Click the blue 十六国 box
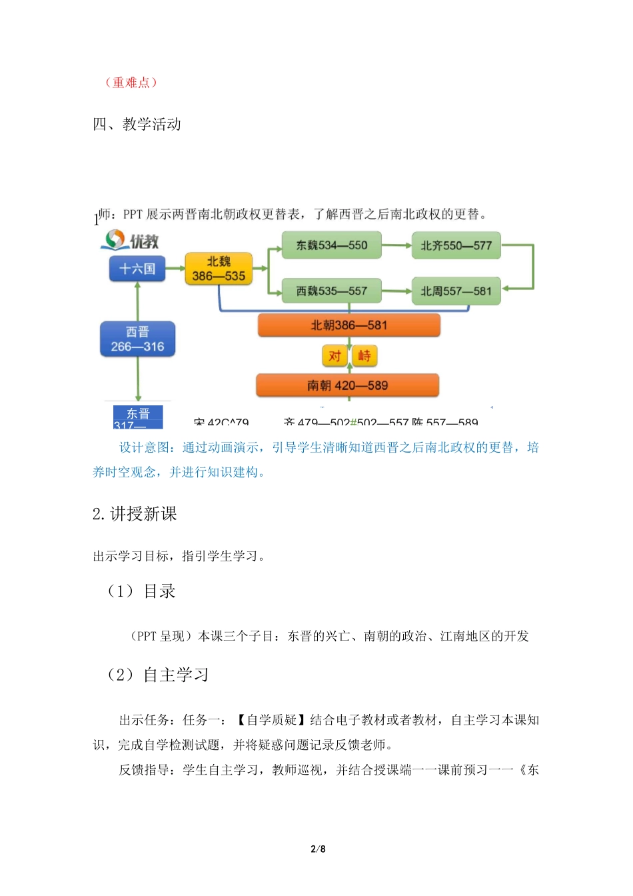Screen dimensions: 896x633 137,269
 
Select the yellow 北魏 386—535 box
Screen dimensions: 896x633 219,269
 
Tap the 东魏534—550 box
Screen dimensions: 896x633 332,245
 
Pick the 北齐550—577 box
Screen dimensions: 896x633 456,245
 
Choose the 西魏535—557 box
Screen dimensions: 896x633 332,291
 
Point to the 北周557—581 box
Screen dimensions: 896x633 456,291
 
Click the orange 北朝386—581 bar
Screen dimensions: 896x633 348,325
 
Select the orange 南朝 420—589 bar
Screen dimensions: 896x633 347,385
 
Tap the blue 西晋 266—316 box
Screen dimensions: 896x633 137,339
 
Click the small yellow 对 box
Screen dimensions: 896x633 334,356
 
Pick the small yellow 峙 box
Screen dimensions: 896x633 364,356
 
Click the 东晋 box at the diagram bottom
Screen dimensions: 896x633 138,417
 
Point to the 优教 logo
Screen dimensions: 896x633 131,241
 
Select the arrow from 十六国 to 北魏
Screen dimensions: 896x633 175,269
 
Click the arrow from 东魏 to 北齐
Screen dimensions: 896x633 396,245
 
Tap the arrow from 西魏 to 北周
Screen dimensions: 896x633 396,291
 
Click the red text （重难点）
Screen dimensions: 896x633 131,83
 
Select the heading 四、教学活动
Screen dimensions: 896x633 137,124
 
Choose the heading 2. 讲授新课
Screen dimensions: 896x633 135,514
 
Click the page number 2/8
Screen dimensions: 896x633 318,849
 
